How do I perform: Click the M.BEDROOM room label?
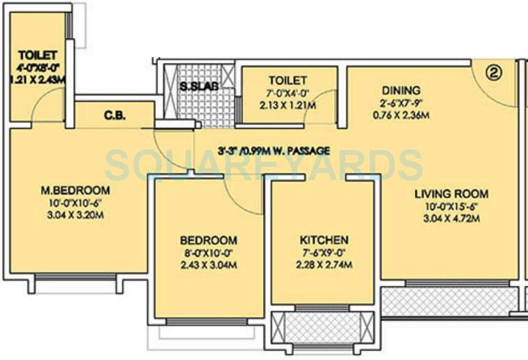76,190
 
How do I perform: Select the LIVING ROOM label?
451,194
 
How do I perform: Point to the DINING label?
400,90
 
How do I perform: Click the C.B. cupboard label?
114,116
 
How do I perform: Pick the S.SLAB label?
199,86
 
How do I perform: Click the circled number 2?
495,72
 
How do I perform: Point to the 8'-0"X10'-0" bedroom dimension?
209,253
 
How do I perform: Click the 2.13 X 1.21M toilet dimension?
288,106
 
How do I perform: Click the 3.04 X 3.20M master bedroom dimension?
76,216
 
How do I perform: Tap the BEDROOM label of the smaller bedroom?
209,240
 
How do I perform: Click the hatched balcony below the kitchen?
322,327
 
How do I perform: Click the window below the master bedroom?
76,278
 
